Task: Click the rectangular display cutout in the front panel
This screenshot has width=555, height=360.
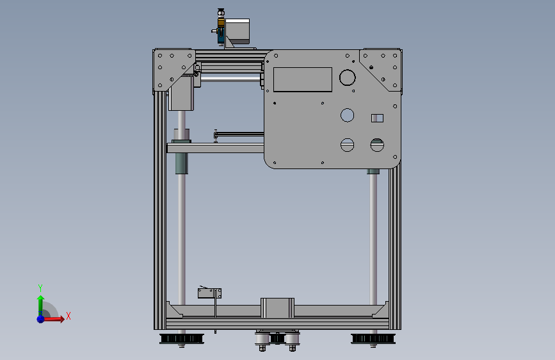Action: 303,79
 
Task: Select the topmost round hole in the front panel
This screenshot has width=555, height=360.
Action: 347,78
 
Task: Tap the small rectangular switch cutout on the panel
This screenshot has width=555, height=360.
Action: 377,118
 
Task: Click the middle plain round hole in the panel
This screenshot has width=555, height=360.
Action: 347,115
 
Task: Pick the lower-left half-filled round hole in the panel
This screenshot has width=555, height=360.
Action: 347,145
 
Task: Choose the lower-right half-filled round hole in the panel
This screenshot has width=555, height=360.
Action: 376,145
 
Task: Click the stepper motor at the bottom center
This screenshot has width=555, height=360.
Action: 277,307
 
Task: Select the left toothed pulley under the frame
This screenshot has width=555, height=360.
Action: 181,338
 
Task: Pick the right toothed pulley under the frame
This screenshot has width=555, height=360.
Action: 373,338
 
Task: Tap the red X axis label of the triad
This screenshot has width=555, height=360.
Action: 68,316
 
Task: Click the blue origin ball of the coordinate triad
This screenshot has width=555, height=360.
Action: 40,318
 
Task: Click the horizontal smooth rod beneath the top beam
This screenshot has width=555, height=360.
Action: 230,79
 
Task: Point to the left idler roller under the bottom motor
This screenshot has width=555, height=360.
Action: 262,339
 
